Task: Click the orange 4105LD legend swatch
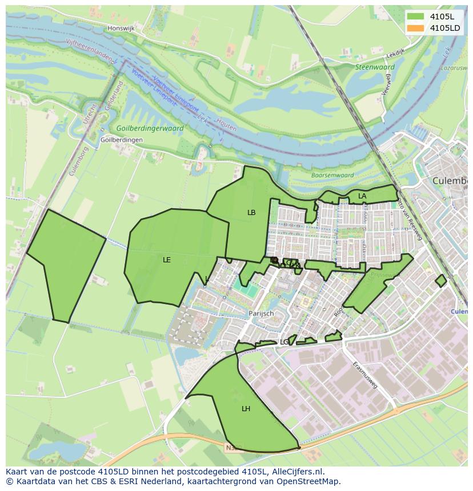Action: [x=416, y=28]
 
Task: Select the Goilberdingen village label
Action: [x=121, y=140]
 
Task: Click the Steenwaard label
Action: [x=375, y=67]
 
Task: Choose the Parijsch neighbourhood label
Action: [x=261, y=313]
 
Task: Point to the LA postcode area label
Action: [x=362, y=196]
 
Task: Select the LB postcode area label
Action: [x=251, y=213]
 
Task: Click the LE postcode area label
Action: [x=167, y=259]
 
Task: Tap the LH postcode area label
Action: [x=246, y=408]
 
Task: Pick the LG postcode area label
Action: [x=284, y=342]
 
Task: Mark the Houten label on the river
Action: [x=226, y=125]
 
